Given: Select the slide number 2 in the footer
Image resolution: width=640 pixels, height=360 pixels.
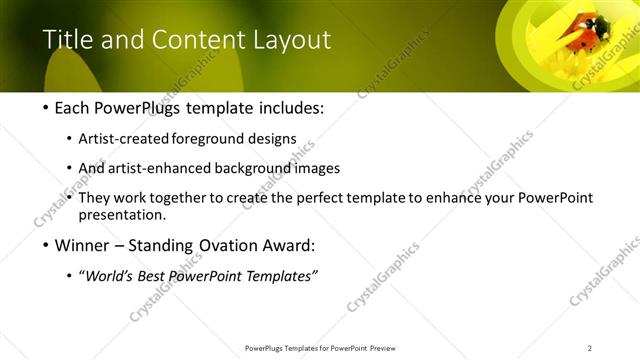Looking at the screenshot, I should point(589,348).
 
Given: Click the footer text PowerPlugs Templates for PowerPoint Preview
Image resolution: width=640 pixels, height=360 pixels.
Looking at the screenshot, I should point(319,348).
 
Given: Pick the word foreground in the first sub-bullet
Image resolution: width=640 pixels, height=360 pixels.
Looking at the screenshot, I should point(208,138).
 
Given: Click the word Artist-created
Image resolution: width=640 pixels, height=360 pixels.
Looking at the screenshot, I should point(124,138).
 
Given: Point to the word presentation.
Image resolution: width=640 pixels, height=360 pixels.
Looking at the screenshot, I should point(122,214).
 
